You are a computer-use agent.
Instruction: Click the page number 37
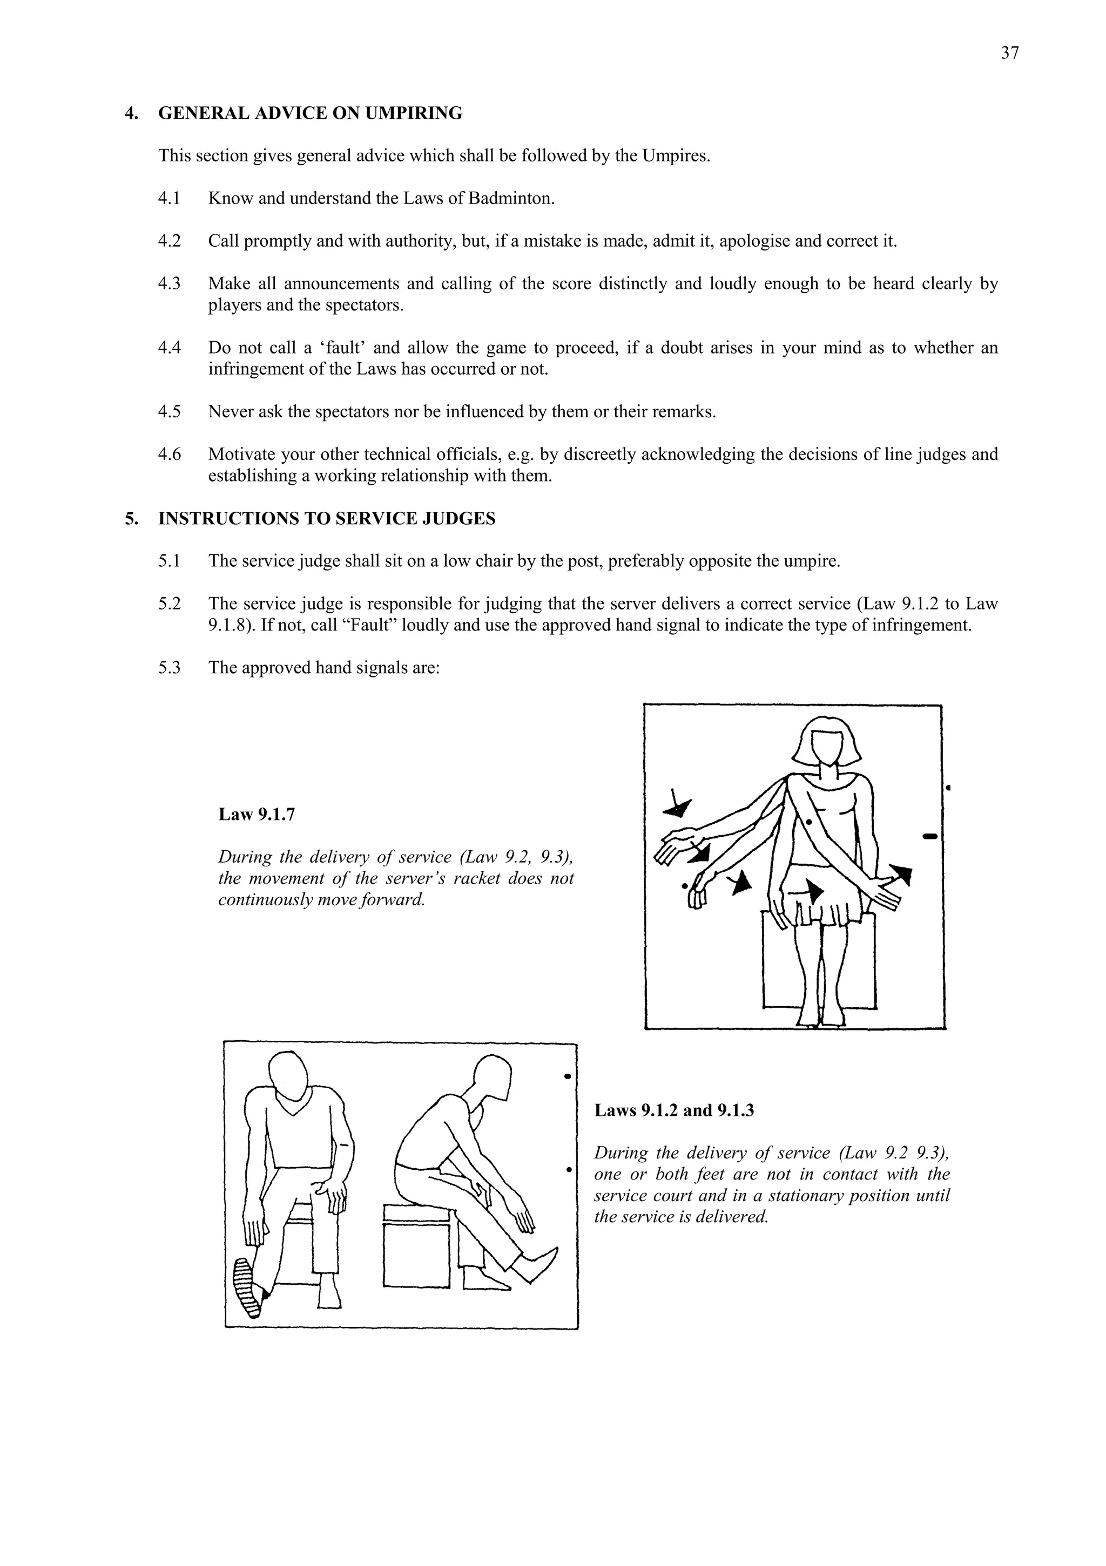(x=1009, y=53)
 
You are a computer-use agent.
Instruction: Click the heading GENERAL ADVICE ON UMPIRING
(x=310, y=113)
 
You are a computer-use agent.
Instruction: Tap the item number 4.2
(x=169, y=241)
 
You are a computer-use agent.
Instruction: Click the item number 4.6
(x=169, y=454)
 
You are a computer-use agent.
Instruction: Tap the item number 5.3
(x=169, y=667)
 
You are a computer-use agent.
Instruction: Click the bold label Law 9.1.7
(x=257, y=815)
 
